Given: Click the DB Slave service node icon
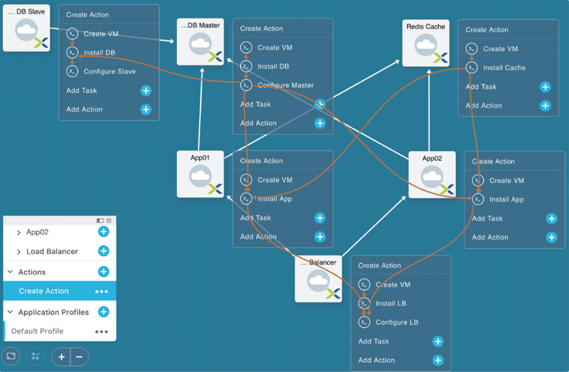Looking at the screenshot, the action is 26,28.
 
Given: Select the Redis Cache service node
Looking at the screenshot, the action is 425,43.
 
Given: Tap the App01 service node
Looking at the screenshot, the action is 201,174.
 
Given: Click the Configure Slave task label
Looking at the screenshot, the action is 110,72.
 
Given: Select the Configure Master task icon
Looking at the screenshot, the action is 246,85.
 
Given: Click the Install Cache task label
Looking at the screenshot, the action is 504,68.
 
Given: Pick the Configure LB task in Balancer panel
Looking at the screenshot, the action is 397,322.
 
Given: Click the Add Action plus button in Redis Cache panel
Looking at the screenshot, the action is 545,105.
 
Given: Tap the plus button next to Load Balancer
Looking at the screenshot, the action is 103,251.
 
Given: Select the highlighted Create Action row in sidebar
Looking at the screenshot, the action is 60,291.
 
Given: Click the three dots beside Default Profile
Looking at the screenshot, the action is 101,331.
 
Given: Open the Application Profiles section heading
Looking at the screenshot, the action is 53,312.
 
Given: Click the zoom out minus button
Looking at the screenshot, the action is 80,357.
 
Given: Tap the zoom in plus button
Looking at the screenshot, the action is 61,357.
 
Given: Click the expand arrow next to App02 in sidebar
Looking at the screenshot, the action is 18,233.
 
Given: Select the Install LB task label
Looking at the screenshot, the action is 390,304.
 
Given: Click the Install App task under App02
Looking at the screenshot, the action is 506,199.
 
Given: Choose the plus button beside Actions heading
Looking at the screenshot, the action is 103,272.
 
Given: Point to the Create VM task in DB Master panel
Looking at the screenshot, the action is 275,48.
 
